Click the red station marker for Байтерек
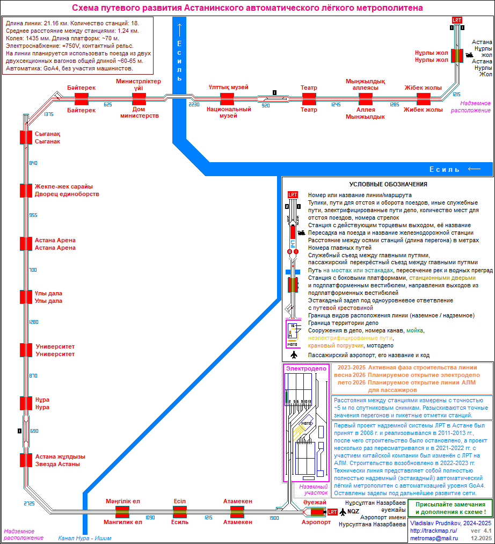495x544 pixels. click(x=82, y=99)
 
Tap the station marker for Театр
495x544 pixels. click(x=309, y=99)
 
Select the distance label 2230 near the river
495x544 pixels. click(x=194, y=105)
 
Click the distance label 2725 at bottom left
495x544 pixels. click(x=29, y=503)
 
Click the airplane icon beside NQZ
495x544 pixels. click(x=343, y=511)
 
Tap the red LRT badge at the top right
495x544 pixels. click(x=457, y=20)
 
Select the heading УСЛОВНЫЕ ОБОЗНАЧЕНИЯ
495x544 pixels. click(x=388, y=184)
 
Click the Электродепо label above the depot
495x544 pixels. click(x=306, y=368)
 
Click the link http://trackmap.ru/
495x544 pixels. click(x=433, y=531)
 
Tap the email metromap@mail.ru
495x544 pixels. click(x=434, y=538)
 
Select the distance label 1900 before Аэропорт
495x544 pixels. click(x=274, y=518)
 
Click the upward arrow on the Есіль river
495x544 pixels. click(x=179, y=29)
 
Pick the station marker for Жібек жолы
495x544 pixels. click(x=424, y=99)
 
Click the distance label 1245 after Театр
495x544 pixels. click(x=336, y=105)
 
